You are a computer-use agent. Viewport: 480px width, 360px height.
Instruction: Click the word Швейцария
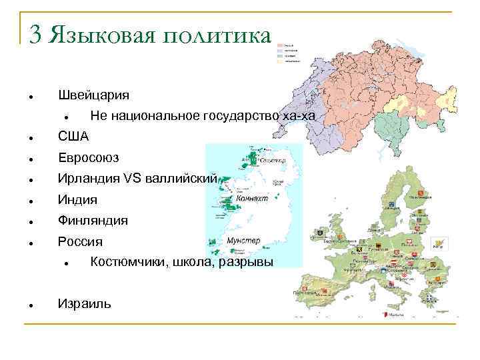pyautogui.click(x=93, y=95)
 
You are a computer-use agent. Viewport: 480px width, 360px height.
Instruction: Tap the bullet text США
pyautogui.click(x=72, y=137)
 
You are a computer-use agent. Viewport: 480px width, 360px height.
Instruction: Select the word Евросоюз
pyautogui.click(x=88, y=158)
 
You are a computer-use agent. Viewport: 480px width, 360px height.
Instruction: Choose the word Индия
pyautogui.click(x=77, y=199)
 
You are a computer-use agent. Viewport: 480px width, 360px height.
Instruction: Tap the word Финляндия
pyautogui.click(x=93, y=220)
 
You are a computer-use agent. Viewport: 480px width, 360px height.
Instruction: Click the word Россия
pyautogui.click(x=80, y=241)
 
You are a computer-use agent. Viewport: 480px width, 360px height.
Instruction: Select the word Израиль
pyautogui.click(x=85, y=303)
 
